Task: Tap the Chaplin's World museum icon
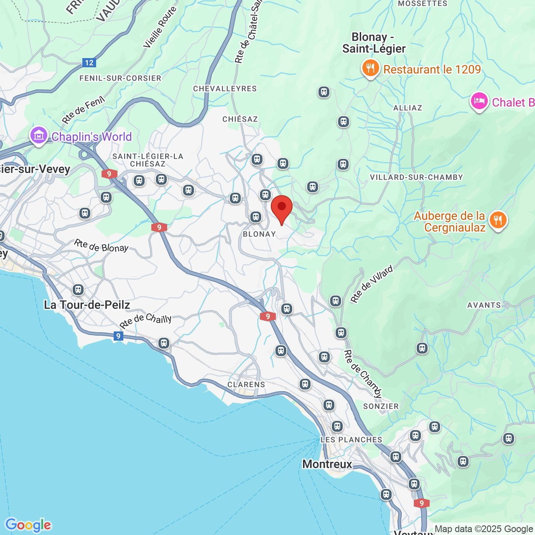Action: (38, 136)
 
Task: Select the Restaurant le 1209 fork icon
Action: (370, 68)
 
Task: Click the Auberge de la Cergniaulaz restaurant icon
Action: (497, 220)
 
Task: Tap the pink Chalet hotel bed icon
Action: (479, 102)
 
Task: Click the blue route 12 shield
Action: (89, 63)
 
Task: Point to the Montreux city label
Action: (327, 464)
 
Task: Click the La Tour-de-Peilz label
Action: (87, 305)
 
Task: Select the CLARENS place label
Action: (246, 385)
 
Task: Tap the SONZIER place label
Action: (381, 406)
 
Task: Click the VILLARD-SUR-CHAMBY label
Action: (416, 177)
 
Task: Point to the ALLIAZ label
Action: (408, 108)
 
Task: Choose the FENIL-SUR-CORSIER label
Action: (120, 78)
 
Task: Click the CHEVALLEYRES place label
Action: (225, 89)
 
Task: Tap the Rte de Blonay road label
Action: (102, 246)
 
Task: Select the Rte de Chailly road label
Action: (145, 321)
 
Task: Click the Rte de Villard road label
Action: (372, 284)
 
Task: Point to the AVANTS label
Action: (484, 305)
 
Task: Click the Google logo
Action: (28, 525)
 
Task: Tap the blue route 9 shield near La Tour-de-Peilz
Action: (118, 336)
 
